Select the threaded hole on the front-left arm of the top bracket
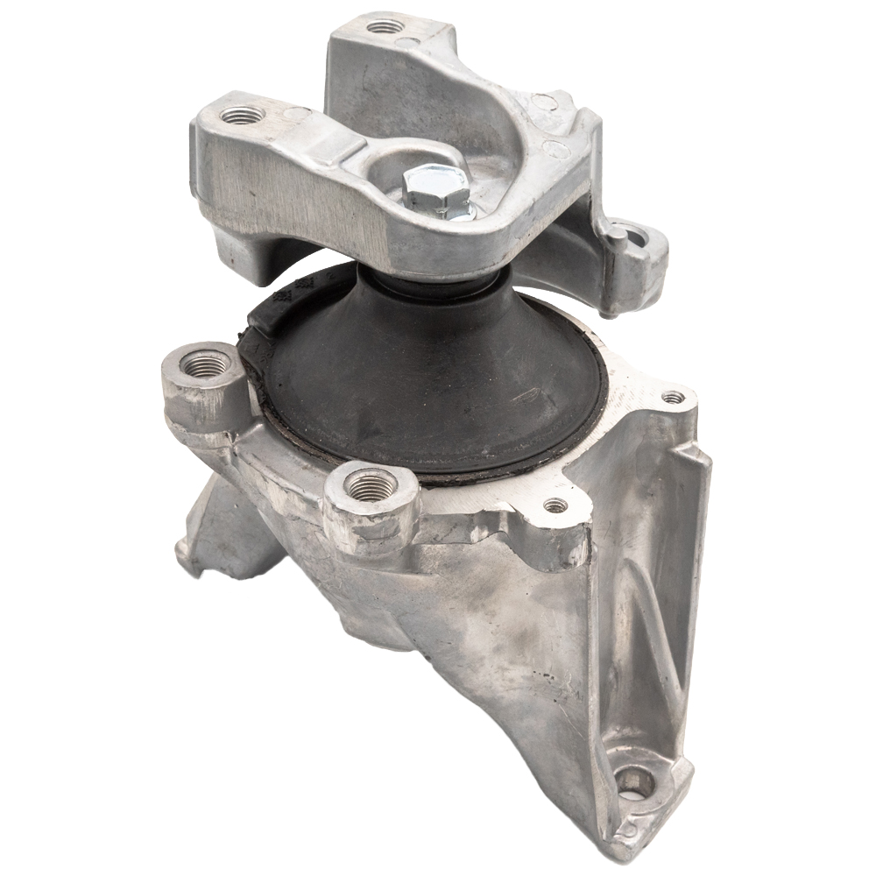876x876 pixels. (241, 115)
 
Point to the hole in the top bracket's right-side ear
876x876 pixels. (638, 237)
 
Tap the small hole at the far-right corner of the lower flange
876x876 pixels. (673, 398)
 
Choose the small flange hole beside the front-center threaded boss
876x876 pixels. (555, 505)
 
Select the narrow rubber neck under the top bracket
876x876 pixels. (438, 285)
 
